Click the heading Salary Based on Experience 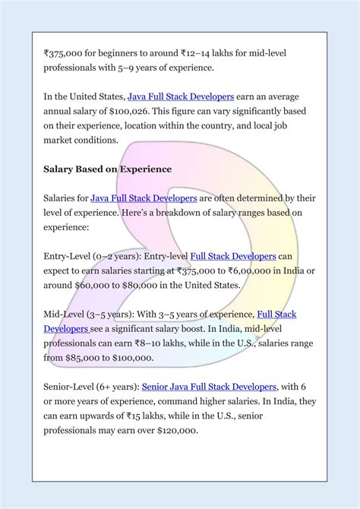click(107, 169)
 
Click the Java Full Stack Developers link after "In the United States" click(184, 97)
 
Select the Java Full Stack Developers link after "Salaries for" click(144, 198)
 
